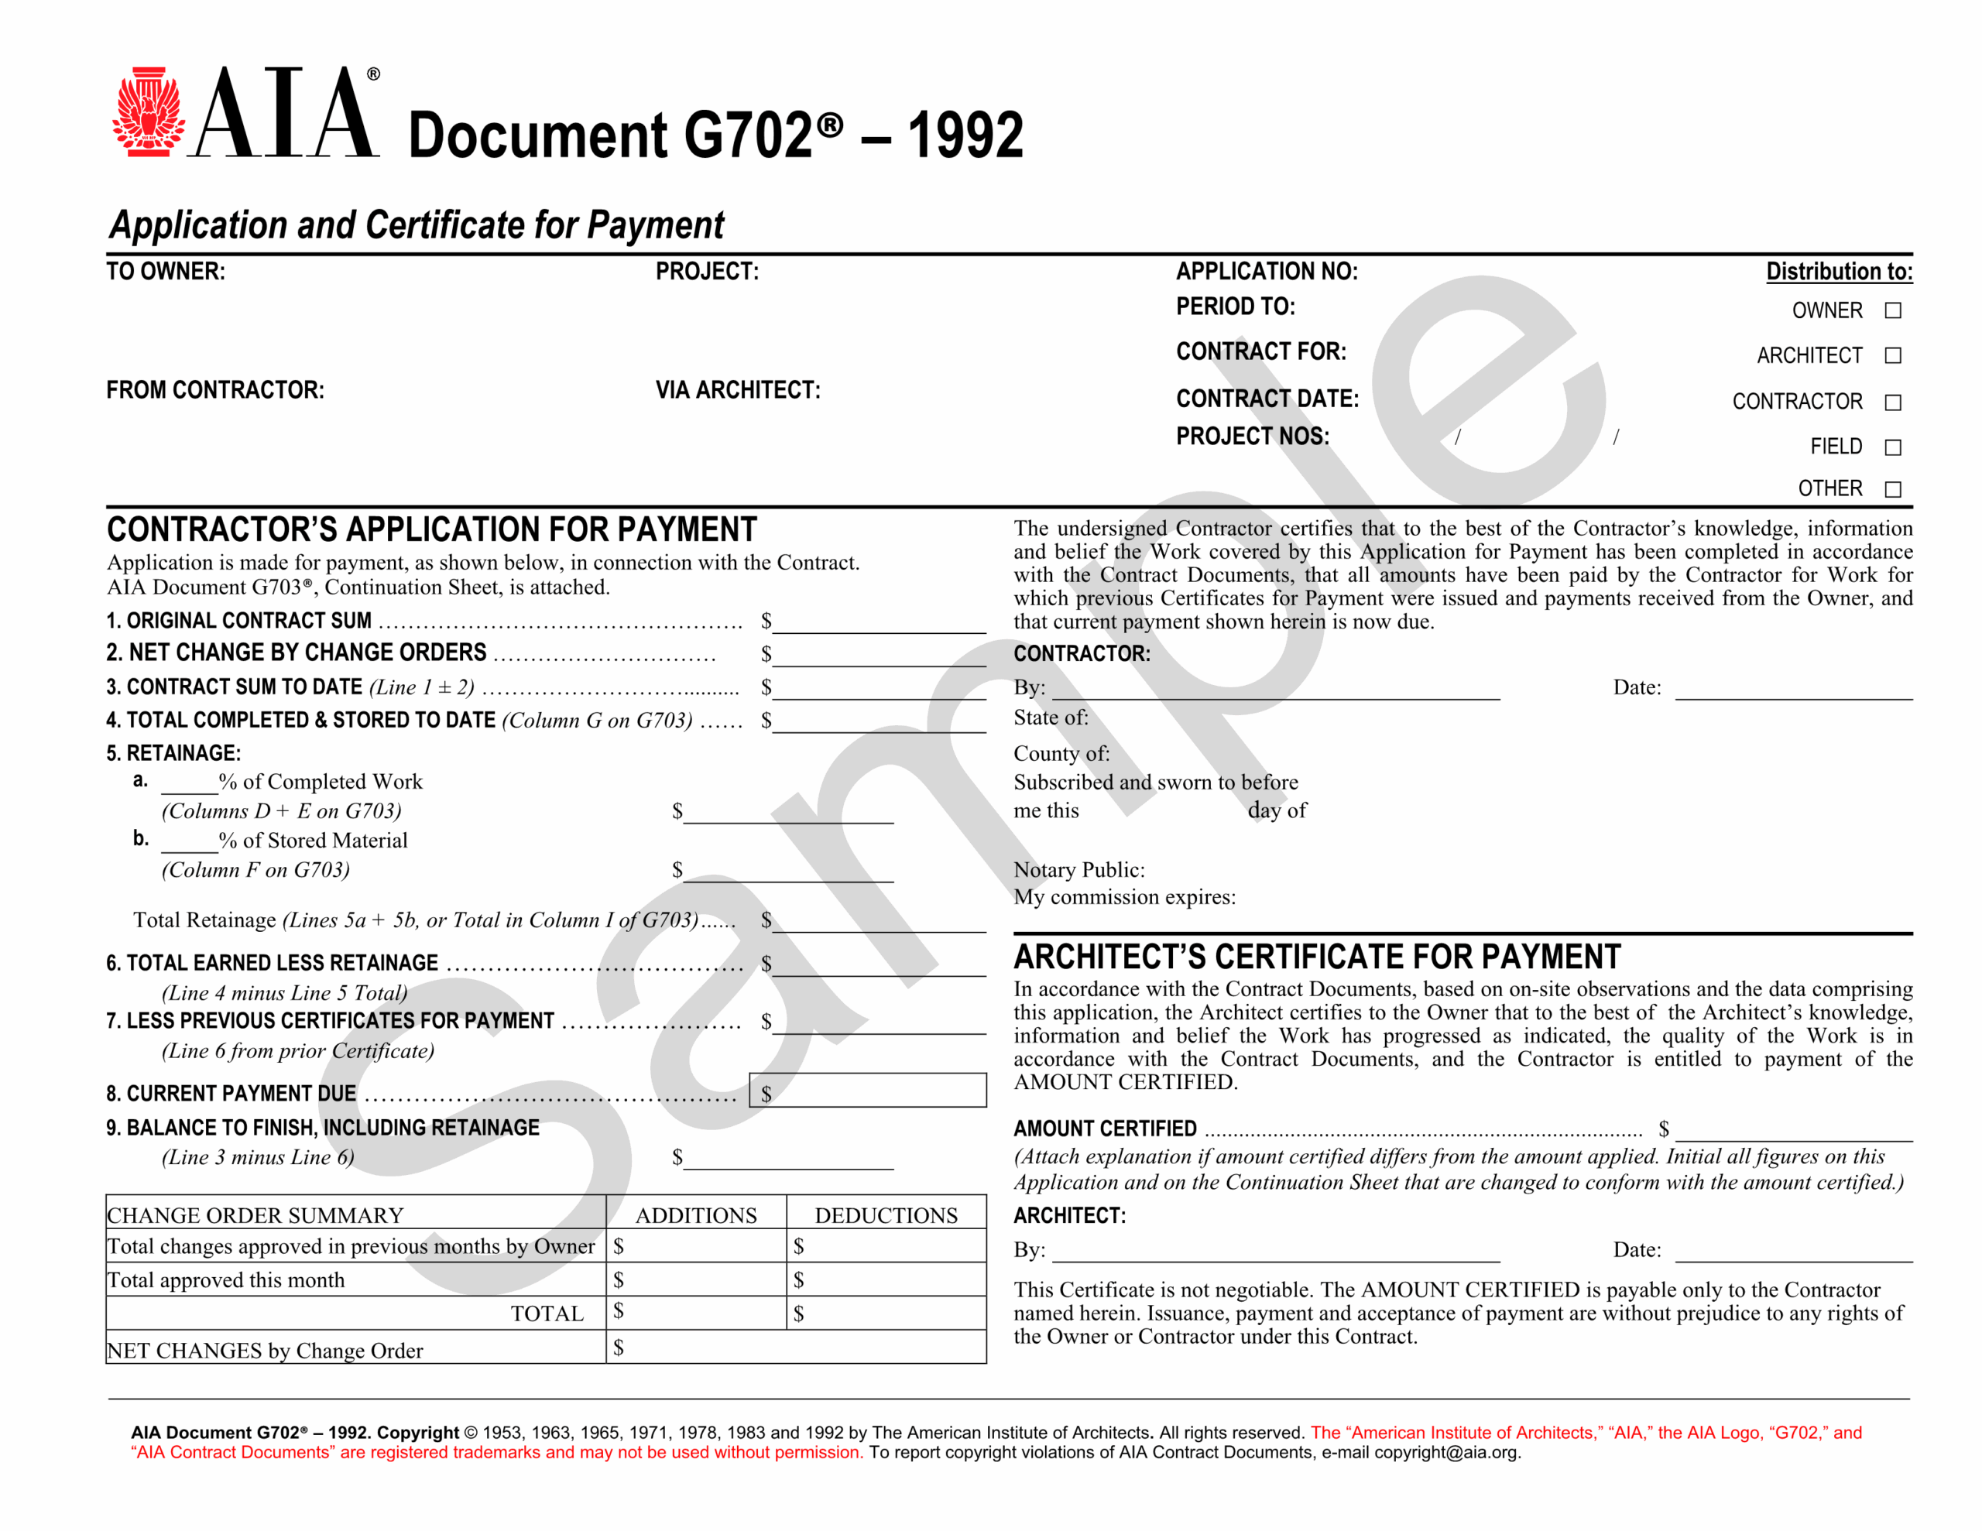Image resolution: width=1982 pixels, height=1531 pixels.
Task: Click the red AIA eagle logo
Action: (147, 111)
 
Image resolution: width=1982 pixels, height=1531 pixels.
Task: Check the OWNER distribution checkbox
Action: (1892, 310)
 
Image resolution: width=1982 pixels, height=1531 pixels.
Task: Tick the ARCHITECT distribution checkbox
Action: (1892, 356)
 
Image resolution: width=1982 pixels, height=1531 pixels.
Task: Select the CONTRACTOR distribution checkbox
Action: (1892, 402)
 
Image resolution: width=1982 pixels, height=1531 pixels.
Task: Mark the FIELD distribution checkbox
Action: (1892, 447)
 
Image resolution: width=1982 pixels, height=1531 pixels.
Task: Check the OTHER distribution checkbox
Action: (1892, 489)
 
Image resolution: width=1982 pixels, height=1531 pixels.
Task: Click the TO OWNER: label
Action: (166, 272)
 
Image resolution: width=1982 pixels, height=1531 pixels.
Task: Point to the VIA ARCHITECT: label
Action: (738, 390)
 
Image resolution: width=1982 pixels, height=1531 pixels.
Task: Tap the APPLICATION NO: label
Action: (1267, 272)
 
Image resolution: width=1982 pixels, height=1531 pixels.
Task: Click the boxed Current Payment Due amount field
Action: (868, 1090)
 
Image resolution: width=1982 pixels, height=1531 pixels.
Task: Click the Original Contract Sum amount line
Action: (879, 622)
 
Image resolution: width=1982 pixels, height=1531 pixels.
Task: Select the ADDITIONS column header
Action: (695, 1215)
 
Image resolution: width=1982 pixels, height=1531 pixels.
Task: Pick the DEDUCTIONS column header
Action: (886, 1215)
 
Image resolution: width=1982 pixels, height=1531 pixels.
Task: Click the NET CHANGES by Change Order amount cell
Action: (795, 1348)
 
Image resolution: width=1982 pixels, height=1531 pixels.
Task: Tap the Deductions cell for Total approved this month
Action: (886, 1279)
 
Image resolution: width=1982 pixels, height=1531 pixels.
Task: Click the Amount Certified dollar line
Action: (1793, 1130)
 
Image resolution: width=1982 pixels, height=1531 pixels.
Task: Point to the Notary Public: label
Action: (1079, 870)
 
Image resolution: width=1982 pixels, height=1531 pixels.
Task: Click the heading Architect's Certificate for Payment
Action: (1317, 957)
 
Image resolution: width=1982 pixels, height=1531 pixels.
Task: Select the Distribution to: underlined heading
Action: (1839, 272)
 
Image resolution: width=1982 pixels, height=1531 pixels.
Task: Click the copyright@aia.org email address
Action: (1445, 1452)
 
